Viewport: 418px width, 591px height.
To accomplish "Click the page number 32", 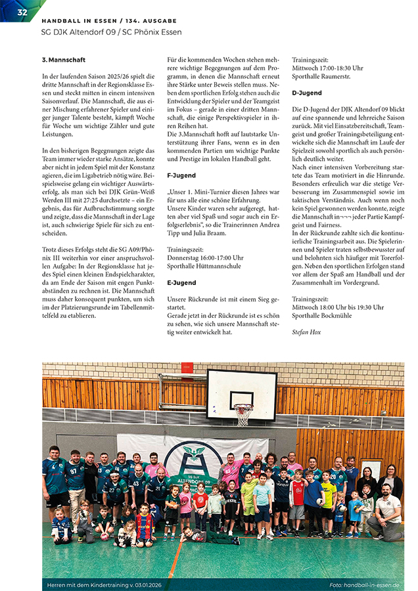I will point(22,12).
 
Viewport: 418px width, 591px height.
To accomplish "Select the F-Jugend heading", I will point(181,176).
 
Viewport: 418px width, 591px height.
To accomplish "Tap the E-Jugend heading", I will point(181,282).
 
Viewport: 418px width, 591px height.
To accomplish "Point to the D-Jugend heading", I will point(307,93).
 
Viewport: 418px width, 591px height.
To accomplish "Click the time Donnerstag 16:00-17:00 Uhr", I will point(205,259).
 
